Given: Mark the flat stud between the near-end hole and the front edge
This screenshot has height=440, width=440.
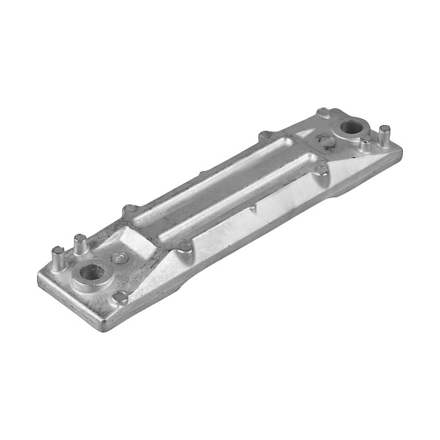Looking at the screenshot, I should [x=119, y=297].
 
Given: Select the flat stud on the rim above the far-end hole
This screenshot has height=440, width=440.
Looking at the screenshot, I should [x=324, y=113].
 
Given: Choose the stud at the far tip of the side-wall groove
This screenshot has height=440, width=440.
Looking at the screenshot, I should [x=322, y=168].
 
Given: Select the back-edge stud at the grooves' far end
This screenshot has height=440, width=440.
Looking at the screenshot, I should [x=265, y=135].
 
